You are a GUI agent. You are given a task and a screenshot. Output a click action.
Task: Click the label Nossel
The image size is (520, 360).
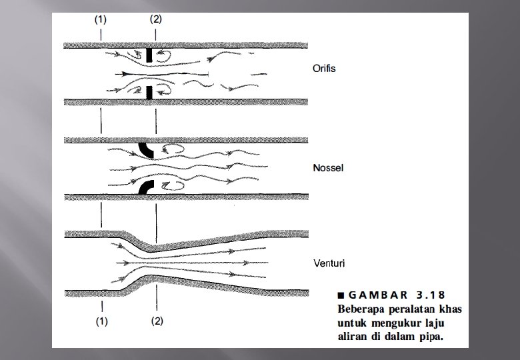[x=328, y=168]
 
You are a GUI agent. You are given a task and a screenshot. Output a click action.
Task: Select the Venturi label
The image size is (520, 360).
[x=327, y=263]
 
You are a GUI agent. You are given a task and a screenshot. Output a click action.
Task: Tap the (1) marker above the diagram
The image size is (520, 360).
[x=100, y=19]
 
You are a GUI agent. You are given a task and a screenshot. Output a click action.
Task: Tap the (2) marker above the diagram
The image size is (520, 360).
[x=155, y=19]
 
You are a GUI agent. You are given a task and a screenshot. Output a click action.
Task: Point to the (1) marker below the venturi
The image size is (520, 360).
[x=101, y=321]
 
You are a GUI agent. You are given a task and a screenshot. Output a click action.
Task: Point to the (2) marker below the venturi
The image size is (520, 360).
[x=157, y=321]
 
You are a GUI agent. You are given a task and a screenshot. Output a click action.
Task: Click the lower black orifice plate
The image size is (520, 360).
[x=151, y=91]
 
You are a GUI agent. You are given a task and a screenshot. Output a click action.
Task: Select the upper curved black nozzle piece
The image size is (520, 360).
[x=146, y=150]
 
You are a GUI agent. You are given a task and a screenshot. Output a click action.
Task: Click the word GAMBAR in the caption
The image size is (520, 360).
[x=373, y=295]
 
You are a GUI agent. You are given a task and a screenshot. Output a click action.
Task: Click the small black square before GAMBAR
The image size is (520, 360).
[x=341, y=295]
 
